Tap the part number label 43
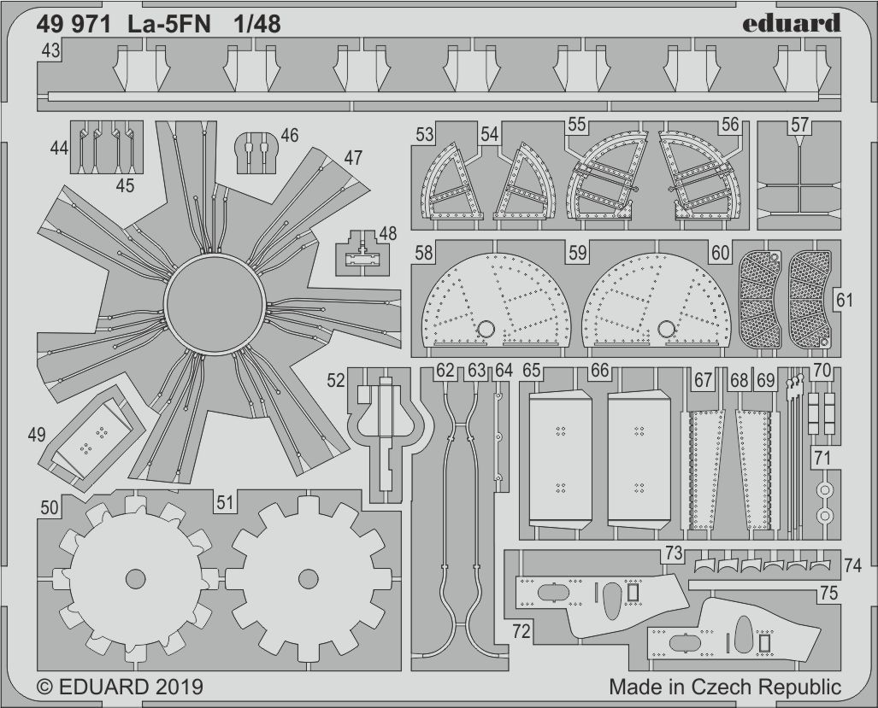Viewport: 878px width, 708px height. [50, 51]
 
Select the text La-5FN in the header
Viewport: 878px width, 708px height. [167, 25]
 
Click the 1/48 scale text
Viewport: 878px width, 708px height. [257, 25]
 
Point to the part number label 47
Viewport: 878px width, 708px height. [353, 158]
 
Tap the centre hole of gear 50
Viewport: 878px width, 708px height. [136, 579]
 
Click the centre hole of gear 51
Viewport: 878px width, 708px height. [309, 579]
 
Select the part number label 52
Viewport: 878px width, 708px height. [336, 381]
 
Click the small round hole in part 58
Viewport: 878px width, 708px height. [486, 329]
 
